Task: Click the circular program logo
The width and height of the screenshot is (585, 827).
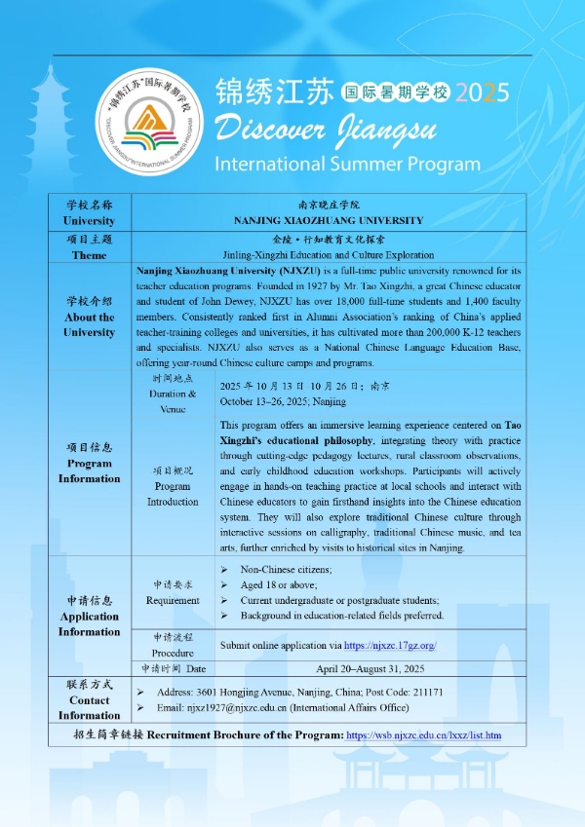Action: point(152,121)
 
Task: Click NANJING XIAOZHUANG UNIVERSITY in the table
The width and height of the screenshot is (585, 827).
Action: point(328,220)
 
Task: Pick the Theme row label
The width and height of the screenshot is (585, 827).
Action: point(89,255)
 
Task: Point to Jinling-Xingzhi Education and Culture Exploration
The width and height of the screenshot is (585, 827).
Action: point(328,254)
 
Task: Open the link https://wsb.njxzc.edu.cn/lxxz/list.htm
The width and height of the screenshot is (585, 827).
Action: point(424,733)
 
